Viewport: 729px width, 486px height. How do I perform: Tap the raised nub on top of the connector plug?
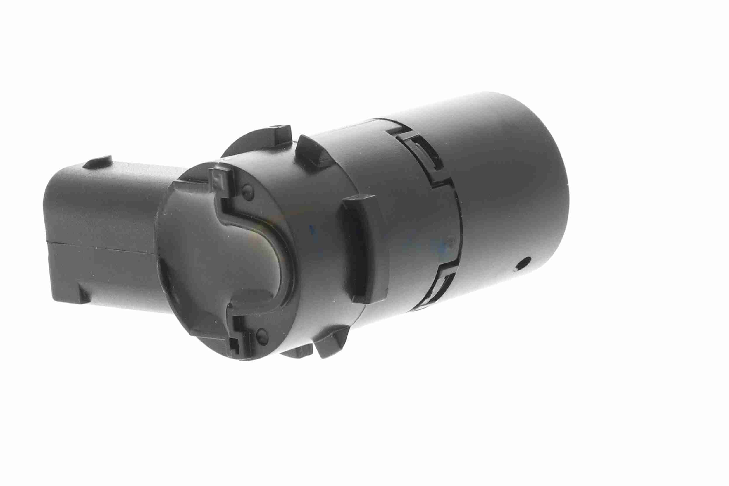point(99,161)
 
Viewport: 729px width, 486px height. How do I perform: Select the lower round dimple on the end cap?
point(261,333)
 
